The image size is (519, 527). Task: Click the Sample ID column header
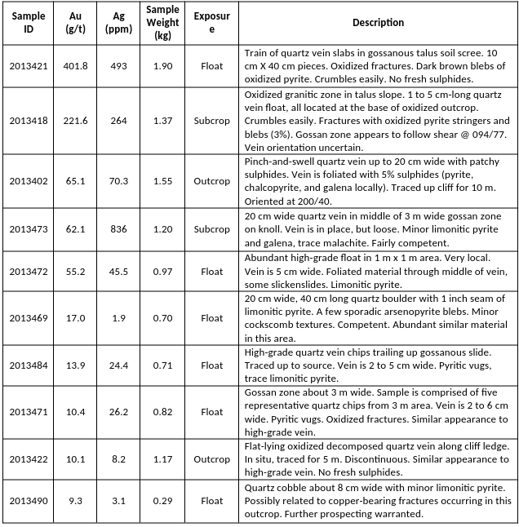(28, 22)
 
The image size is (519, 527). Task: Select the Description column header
(378, 23)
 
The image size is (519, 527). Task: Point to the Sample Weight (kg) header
(162, 22)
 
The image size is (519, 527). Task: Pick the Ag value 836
(119, 230)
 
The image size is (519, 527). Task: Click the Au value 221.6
(75, 121)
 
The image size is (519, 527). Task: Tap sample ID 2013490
(28, 501)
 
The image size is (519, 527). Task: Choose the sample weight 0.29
(162, 501)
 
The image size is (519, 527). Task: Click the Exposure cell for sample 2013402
(211, 181)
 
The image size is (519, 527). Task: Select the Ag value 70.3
(119, 181)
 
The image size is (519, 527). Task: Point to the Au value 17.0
(75, 318)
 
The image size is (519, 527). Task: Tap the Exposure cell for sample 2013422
(211, 459)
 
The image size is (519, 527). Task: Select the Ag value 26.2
(119, 412)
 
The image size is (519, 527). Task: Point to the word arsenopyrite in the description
(393, 311)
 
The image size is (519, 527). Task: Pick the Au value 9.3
(75, 501)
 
